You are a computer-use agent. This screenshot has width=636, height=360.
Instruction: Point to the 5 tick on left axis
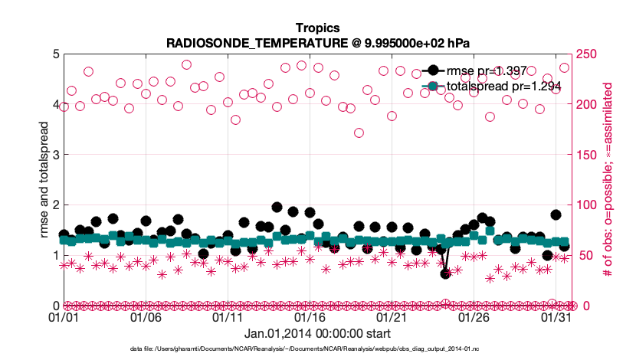(54, 54)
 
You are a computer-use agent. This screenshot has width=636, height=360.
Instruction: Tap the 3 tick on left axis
(54, 155)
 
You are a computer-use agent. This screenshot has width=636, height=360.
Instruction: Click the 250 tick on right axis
(585, 54)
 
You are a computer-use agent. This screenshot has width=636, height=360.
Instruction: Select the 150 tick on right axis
(585, 155)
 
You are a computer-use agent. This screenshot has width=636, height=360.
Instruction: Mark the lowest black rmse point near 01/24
(445, 273)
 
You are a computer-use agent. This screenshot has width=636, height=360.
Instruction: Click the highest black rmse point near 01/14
(277, 208)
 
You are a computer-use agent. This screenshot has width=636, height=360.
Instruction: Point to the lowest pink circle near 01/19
(359, 133)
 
